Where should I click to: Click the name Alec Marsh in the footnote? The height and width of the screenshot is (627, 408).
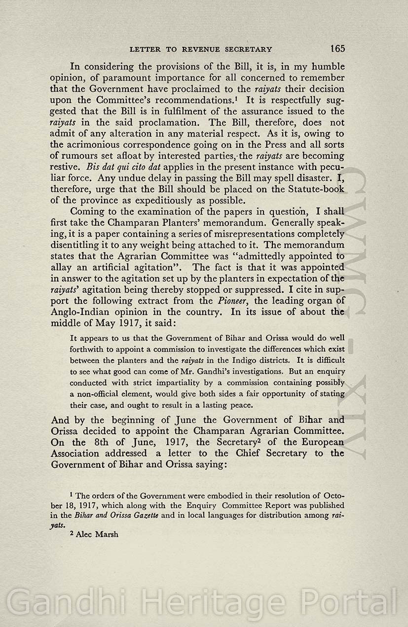97,534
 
